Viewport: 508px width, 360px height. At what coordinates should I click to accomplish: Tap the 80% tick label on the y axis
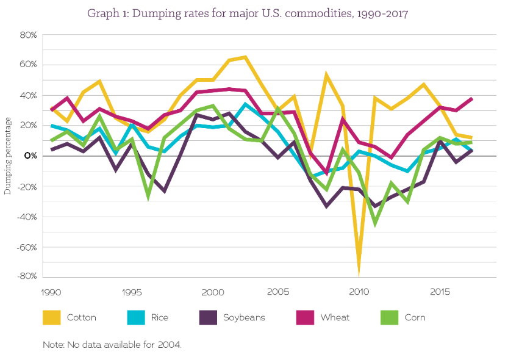[x=29, y=35]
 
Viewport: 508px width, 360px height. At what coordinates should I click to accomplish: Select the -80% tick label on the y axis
[x=27, y=276]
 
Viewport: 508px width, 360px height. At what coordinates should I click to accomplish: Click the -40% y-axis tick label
[x=27, y=217]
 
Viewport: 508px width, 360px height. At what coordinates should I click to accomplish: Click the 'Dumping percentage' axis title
[x=9, y=156]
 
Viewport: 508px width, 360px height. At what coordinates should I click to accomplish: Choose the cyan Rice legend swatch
[x=135, y=317]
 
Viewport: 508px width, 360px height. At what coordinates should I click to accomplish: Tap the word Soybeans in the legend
[x=244, y=317]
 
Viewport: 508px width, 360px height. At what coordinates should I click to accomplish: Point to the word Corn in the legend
[x=414, y=317]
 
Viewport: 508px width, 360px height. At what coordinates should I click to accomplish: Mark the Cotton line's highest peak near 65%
[x=245, y=57]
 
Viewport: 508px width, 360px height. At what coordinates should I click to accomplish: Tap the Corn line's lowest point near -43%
[x=374, y=223]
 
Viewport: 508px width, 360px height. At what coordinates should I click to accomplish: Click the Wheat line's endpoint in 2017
[x=471, y=99]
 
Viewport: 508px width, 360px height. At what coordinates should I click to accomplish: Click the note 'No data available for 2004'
[x=112, y=345]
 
